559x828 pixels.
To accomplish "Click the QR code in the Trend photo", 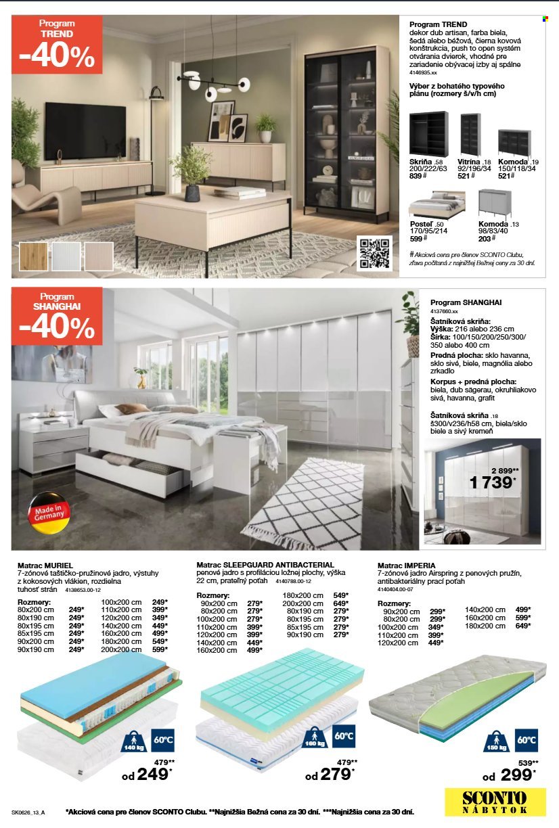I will point(376,254).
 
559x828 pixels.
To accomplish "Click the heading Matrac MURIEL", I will point(45,564).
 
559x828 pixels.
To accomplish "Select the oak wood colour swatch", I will point(35,257).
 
